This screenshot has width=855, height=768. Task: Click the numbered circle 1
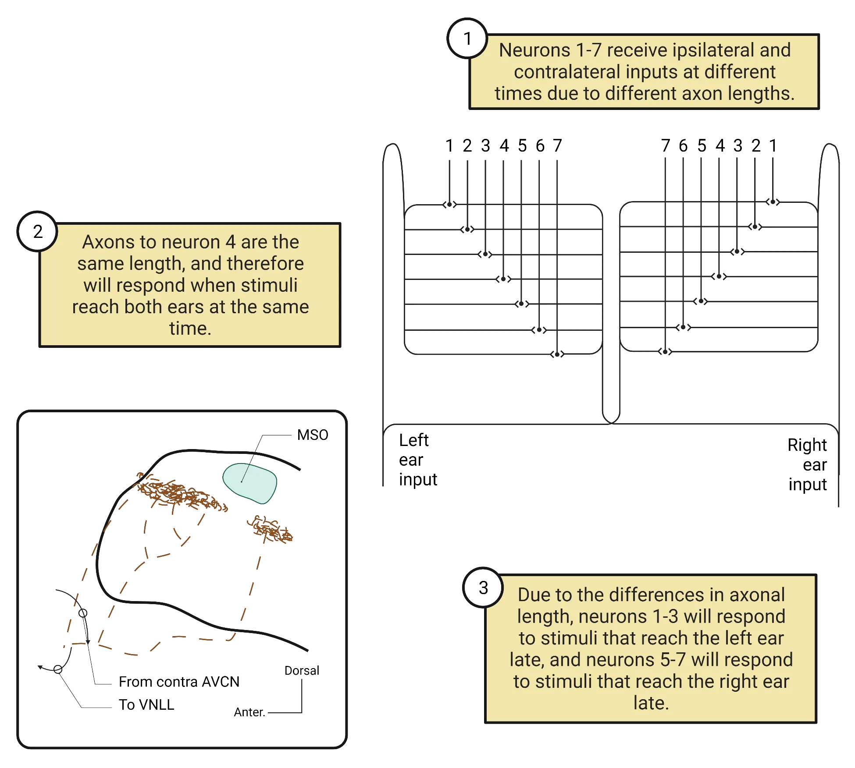pos(467,39)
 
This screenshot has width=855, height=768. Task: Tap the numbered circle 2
pos(38,231)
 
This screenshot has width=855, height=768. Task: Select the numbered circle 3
pos(483,588)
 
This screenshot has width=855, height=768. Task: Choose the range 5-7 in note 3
pos(673,660)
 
